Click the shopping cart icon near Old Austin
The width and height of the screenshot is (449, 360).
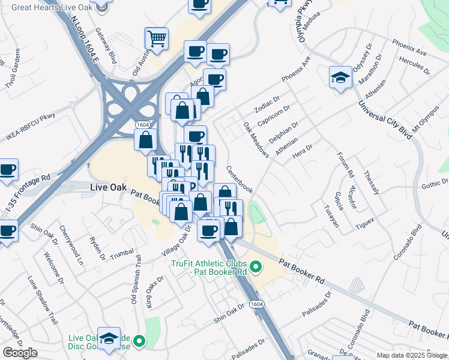[x=157, y=39]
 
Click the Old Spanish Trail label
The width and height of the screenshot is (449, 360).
[x=136, y=280]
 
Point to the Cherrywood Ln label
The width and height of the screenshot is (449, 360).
[x=70, y=245]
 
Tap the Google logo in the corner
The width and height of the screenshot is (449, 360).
[x=20, y=353]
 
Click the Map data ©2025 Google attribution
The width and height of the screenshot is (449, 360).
[x=412, y=355]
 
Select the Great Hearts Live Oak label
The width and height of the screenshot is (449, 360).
[x=52, y=8]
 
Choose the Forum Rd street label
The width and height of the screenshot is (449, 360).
[x=347, y=165]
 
